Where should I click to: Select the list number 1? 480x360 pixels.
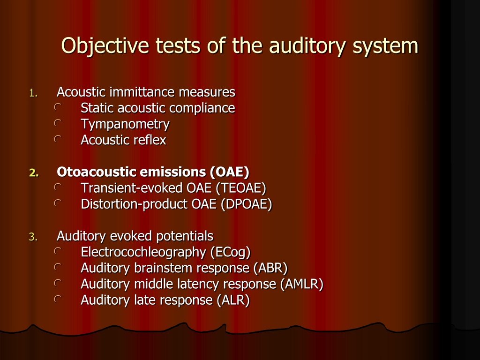tap(33, 93)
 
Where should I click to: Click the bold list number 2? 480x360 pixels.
tap(34, 172)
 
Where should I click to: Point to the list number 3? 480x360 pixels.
tap(33, 237)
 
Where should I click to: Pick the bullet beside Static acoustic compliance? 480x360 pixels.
tap(58, 107)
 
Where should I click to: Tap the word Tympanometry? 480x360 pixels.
tap(125, 125)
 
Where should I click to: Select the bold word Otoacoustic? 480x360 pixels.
tap(97, 172)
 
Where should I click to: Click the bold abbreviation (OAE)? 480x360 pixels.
tap(229, 172)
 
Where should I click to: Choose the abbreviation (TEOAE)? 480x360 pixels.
tap(240, 188)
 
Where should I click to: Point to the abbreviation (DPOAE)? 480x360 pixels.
tap(247, 204)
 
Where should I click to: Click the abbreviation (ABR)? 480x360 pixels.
tap(270, 268)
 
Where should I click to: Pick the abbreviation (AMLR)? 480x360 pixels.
tap(301, 284)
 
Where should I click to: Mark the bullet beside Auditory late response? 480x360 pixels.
tap(58, 299)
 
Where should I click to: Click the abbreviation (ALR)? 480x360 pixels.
tap(233, 300)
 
